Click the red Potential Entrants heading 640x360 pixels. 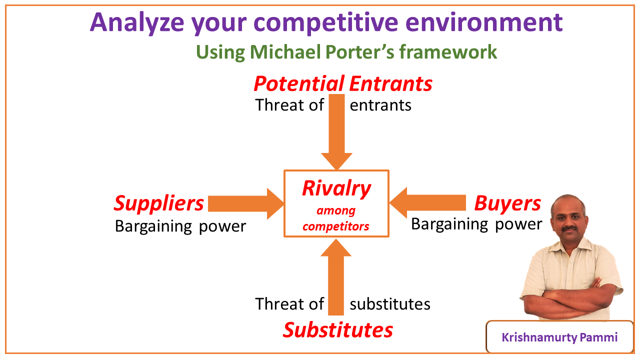343,83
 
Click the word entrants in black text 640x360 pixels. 380,105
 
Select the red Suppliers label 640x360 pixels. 159,203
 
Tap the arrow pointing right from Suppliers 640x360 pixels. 245,203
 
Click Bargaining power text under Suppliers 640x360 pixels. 180,226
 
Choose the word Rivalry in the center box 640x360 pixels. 336,188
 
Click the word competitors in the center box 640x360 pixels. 336,226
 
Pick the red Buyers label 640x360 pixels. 507,203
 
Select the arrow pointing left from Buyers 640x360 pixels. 427,203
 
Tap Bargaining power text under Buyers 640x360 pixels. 476,224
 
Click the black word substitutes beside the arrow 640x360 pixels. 390,304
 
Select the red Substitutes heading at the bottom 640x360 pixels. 338,330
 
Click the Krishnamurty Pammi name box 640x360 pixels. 559,337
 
